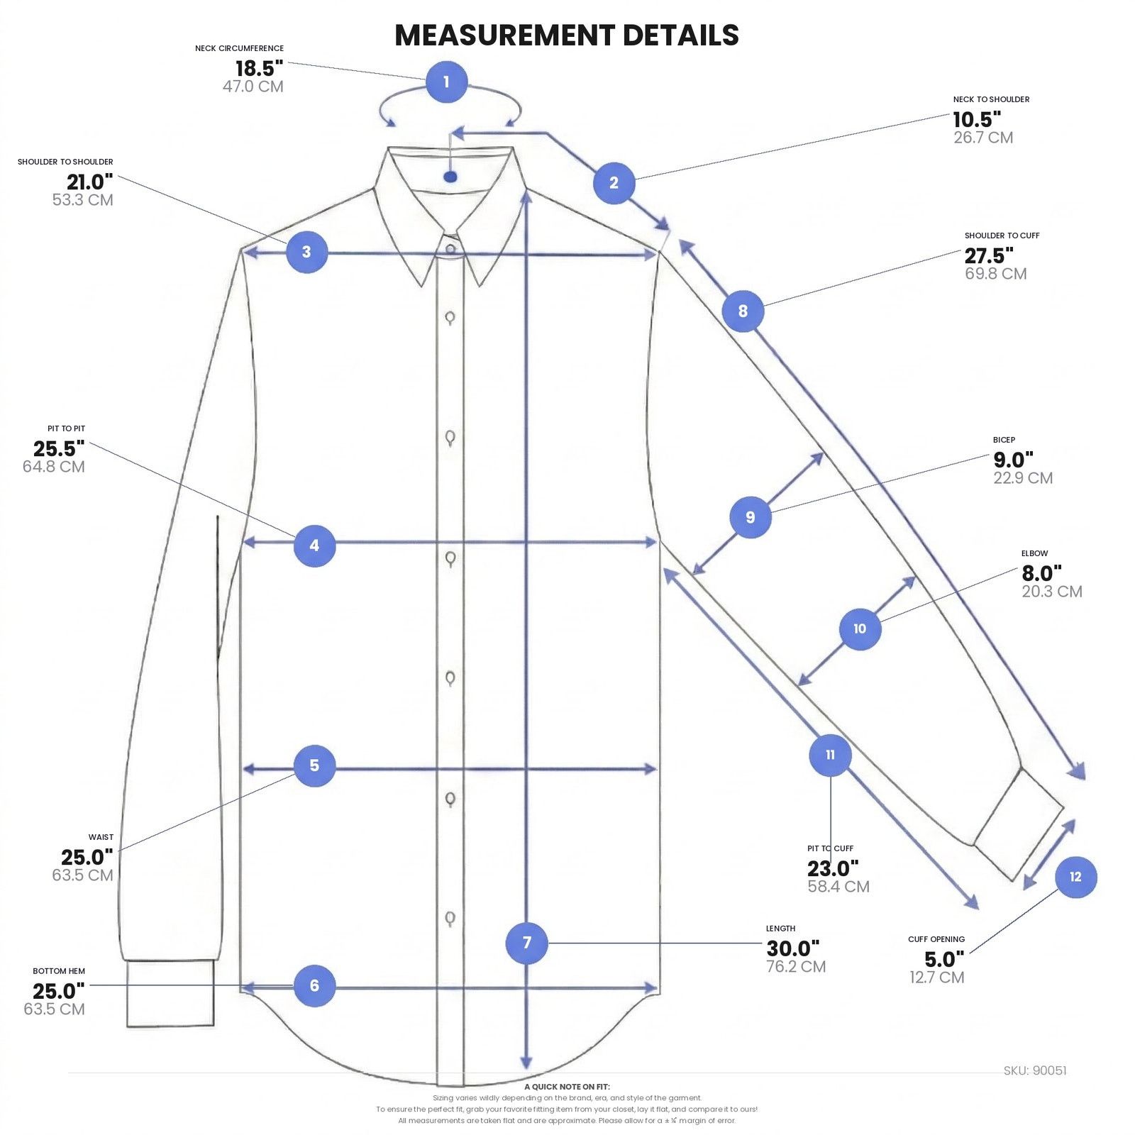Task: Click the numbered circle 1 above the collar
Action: tap(446, 82)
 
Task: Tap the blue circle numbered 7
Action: tap(526, 943)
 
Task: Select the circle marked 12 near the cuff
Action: tap(1075, 877)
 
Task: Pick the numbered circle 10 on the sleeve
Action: tap(860, 629)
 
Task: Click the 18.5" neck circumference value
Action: tap(260, 69)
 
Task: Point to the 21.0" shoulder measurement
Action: tap(90, 182)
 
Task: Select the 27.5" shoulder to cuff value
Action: tap(989, 255)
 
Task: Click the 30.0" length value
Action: tap(793, 948)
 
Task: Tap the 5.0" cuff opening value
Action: tap(944, 960)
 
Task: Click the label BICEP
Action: tap(1004, 440)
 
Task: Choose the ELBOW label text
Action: tap(1034, 553)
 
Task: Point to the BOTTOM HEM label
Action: tap(59, 971)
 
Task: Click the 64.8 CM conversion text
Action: tap(54, 467)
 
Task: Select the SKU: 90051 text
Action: tap(1035, 1070)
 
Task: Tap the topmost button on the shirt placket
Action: tap(450, 249)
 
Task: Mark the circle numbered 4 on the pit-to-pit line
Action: tap(315, 546)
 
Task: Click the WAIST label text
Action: tap(101, 837)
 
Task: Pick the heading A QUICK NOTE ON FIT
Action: tap(567, 1087)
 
